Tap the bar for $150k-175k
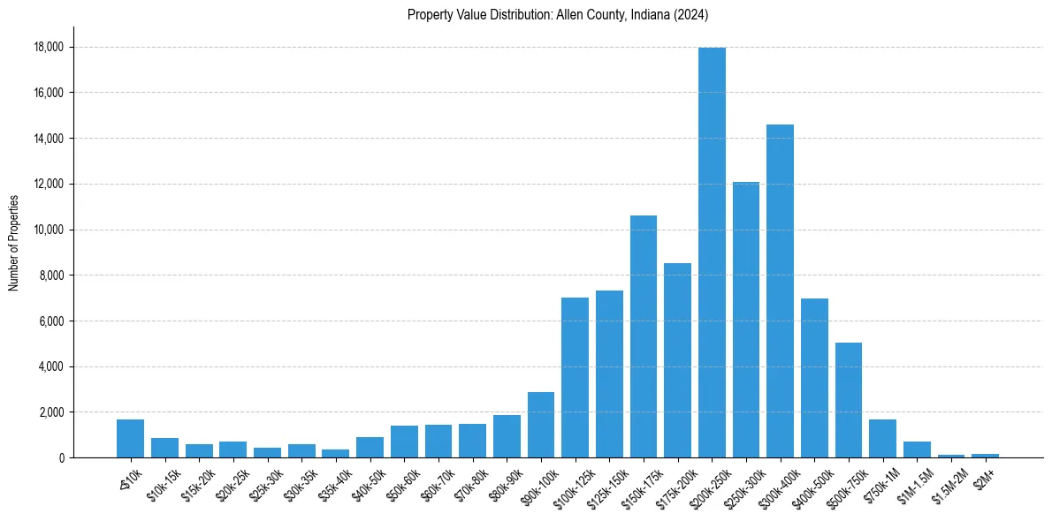[x=644, y=336]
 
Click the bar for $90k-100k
[x=541, y=425]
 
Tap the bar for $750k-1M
[x=882, y=438]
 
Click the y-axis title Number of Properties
[x=13, y=243]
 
